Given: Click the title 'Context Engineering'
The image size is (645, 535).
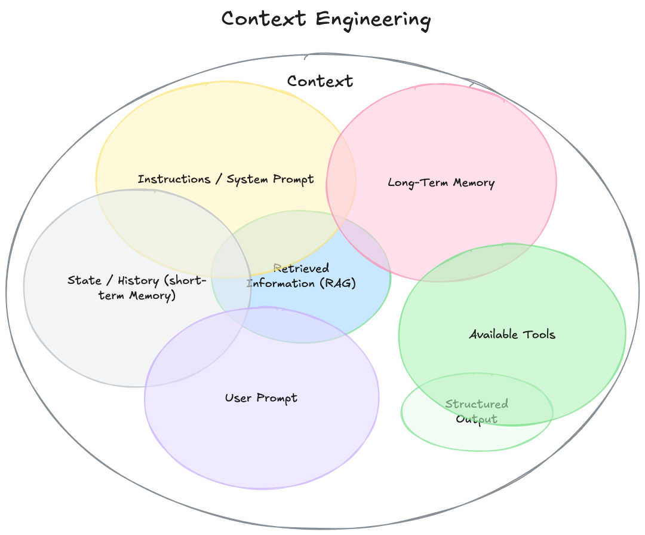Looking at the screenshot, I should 325,19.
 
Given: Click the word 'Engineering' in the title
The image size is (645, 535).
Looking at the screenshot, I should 373,20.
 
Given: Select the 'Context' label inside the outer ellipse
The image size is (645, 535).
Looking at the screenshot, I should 320,81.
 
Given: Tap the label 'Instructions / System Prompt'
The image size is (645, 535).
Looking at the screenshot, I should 226,179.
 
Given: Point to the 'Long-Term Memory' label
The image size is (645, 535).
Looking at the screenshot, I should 441,182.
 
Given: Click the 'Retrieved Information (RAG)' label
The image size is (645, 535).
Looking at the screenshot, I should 301,276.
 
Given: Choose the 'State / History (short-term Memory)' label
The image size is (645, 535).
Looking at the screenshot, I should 137,288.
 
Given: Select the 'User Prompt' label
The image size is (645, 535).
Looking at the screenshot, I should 261,398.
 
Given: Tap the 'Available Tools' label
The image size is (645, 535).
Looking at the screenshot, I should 512,334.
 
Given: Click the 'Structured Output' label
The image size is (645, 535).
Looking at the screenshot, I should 477,411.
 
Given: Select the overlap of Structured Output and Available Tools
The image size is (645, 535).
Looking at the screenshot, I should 478,395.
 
